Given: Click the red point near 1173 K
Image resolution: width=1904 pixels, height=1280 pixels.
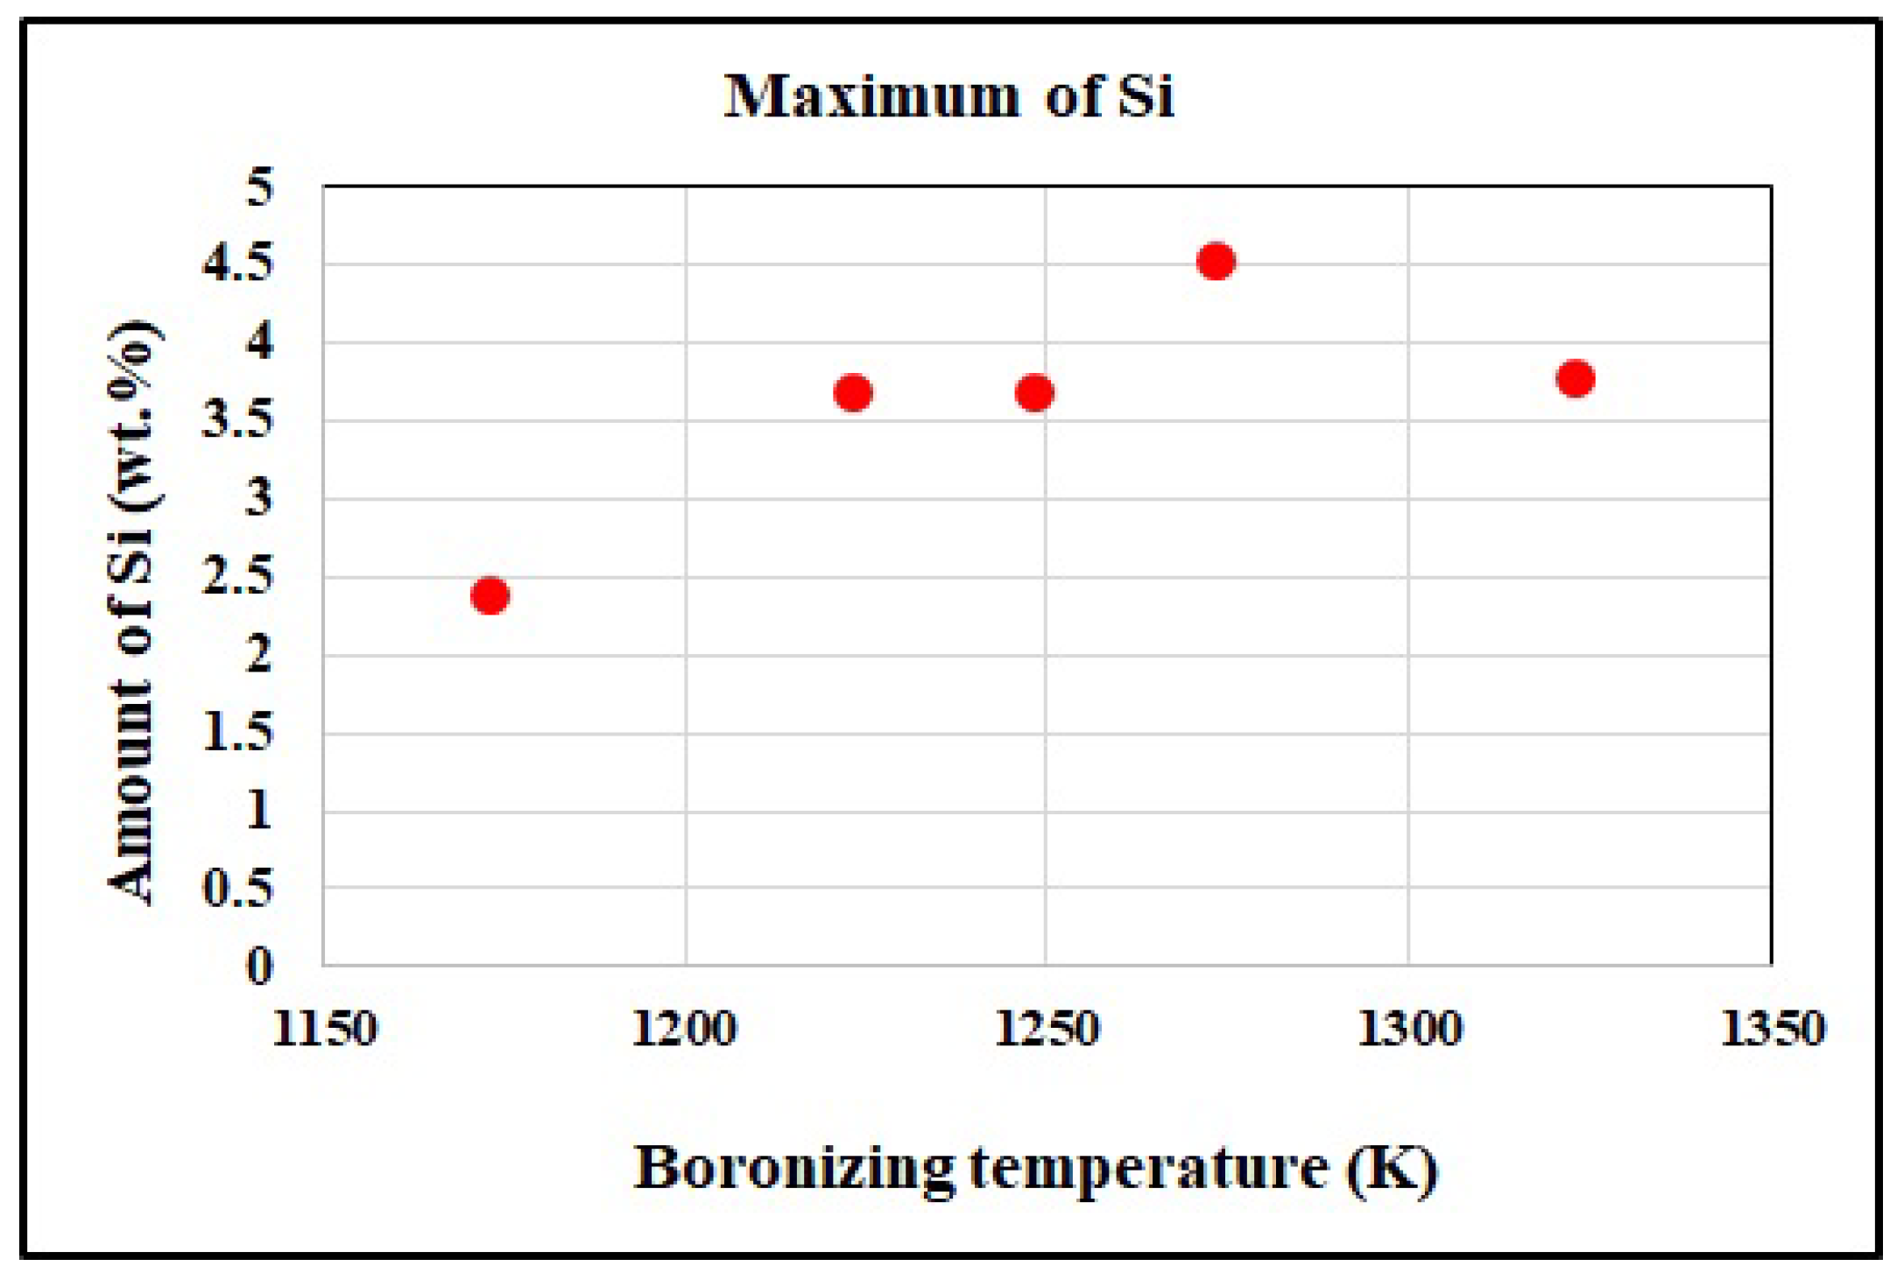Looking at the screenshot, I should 490,596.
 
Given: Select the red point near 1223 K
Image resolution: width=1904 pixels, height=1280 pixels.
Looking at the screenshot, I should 853,392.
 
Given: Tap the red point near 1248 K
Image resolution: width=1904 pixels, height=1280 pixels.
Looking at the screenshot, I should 1034,392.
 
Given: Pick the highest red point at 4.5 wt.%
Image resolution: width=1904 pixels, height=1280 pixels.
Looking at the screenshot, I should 1216,261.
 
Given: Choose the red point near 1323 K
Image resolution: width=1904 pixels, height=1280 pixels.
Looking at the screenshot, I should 1576,379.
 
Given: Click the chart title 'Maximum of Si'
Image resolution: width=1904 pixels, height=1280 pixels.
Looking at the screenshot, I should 948,96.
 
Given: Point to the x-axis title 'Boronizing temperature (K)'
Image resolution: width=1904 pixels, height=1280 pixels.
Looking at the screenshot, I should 1036,1169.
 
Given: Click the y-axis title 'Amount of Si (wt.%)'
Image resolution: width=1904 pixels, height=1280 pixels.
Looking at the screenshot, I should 133,613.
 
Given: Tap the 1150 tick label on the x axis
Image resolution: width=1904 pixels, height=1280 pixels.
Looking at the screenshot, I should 325,1029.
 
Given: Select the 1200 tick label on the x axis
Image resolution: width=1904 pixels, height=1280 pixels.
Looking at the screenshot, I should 685,1029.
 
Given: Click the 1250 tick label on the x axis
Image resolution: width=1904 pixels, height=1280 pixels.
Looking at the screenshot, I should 1047,1029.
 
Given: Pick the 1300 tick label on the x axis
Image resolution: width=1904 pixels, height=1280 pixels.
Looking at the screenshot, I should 1409,1029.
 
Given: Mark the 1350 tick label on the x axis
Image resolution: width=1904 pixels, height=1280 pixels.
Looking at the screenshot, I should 1773,1029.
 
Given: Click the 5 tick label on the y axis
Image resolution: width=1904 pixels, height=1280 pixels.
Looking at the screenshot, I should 259,186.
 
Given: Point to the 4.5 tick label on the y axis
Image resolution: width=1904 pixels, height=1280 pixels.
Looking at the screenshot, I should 237,264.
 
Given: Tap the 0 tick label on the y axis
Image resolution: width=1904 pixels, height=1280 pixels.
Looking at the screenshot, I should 259,967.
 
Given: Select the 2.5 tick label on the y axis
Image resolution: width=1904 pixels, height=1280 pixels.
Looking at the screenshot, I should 237,577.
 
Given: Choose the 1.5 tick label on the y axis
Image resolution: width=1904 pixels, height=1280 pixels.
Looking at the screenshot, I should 237,733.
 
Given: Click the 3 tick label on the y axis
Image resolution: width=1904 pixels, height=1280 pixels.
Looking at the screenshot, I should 259,499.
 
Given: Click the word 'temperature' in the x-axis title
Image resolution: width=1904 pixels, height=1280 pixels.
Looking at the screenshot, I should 1148,1169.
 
